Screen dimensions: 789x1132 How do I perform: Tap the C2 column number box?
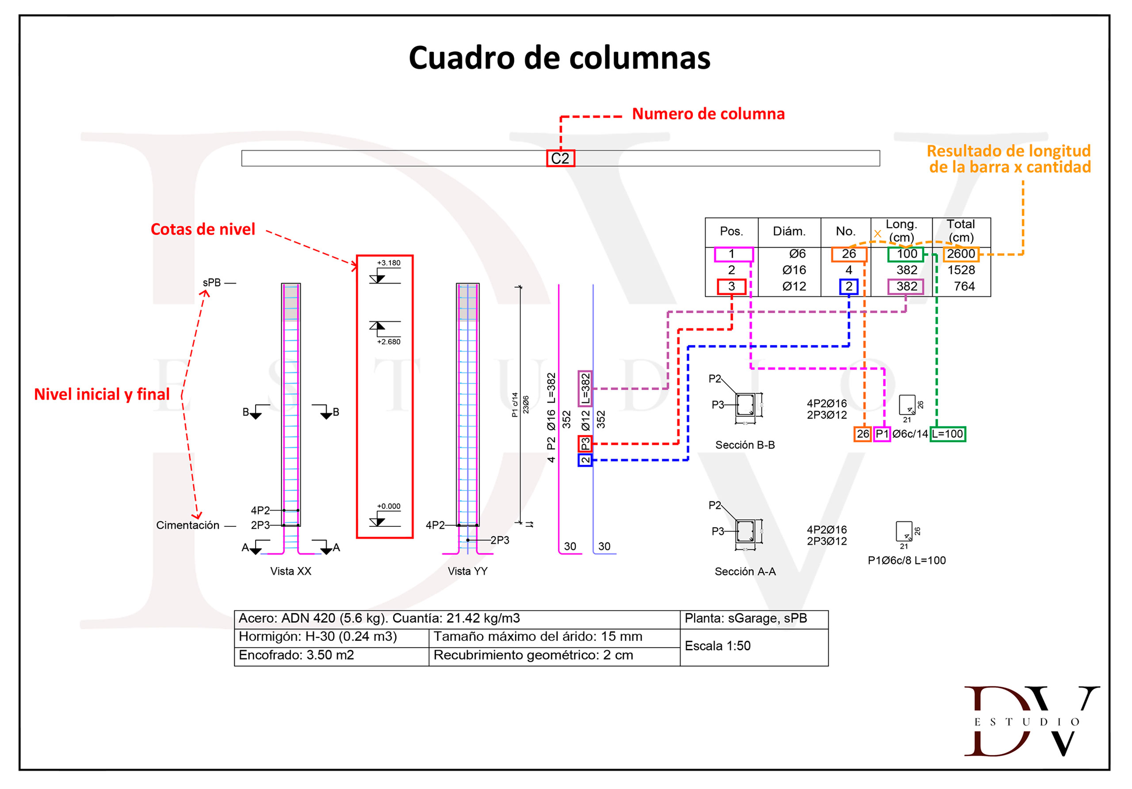tap(560, 159)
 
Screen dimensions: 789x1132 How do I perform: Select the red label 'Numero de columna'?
tap(708, 114)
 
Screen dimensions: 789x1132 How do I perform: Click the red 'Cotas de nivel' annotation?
tap(203, 229)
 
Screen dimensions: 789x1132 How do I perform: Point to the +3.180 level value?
tap(389, 263)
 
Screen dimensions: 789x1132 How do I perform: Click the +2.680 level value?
tap(389, 342)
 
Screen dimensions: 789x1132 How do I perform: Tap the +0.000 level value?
tap(389, 506)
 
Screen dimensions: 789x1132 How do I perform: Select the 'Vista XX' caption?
tap(291, 571)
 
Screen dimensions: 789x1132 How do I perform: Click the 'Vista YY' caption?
tap(467, 571)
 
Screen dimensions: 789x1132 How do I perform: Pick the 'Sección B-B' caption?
tap(745, 445)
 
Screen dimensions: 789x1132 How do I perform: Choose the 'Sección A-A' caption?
tap(745, 572)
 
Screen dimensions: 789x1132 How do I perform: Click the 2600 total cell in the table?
tap(961, 254)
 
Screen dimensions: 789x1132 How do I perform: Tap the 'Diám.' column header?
tap(789, 231)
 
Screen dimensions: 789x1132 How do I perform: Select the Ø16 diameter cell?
tap(794, 270)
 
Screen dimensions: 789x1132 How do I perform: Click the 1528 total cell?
tap(961, 270)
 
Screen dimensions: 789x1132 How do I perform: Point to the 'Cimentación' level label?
tap(187, 526)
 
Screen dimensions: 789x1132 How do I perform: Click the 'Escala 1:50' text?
tap(717, 646)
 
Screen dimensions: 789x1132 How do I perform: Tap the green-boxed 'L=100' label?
tap(947, 434)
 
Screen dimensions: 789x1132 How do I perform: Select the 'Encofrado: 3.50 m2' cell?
tap(296, 655)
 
